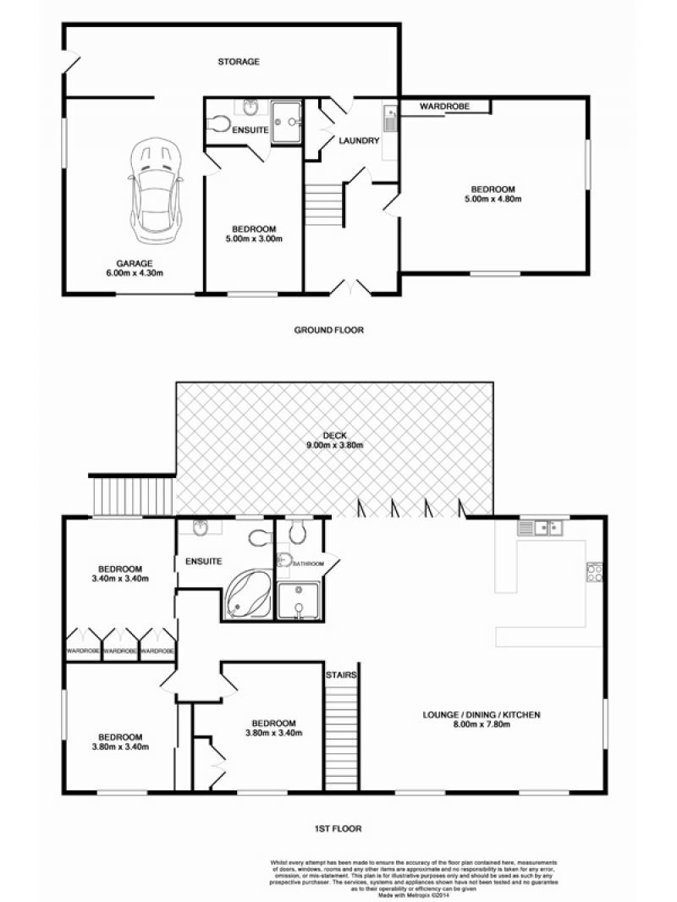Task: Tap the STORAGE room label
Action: tap(239, 62)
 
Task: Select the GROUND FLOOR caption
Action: tap(329, 330)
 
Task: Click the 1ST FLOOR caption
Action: tap(338, 829)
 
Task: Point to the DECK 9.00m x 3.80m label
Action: tap(335, 441)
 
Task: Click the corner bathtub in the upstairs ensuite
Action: tap(250, 594)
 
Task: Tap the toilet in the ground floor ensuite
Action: tap(217, 123)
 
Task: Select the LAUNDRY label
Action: tap(359, 140)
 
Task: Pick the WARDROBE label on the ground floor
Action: tap(444, 107)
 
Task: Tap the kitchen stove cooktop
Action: tap(594, 571)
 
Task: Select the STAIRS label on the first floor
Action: tap(341, 674)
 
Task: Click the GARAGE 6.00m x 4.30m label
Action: tap(135, 268)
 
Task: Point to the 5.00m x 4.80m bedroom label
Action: tap(493, 195)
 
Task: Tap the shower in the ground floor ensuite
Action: tap(286, 122)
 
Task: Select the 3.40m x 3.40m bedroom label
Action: tap(120, 574)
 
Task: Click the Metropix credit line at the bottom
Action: tap(414, 895)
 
